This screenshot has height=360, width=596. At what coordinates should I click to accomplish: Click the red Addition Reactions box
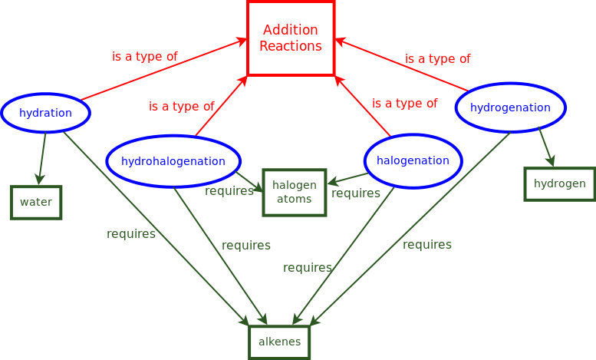(x=291, y=38)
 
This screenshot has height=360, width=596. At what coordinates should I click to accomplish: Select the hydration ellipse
(x=45, y=113)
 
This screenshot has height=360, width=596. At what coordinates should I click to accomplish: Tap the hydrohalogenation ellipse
(x=173, y=161)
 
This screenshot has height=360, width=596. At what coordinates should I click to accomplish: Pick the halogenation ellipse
(x=413, y=160)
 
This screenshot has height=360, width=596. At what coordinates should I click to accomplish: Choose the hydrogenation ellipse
(x=510, y=107)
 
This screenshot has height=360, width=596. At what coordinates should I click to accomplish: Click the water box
(x=36, y=202)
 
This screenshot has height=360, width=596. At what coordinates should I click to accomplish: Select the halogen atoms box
(x=295, y=192)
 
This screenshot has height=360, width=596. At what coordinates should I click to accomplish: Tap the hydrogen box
(x=559, y=183)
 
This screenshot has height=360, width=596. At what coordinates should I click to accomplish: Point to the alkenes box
(x=279, y=342)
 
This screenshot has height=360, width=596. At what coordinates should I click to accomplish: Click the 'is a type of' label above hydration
(x=144, y=56)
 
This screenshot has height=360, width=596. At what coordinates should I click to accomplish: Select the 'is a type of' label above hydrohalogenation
(x=181, y=106)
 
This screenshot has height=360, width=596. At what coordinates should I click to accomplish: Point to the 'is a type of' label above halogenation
(x=404, y=103)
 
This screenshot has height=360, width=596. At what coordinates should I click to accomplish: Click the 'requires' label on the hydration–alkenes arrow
(x=131, y=233)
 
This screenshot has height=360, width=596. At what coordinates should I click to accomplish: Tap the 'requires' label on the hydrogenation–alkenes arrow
(x=427, y=244)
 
